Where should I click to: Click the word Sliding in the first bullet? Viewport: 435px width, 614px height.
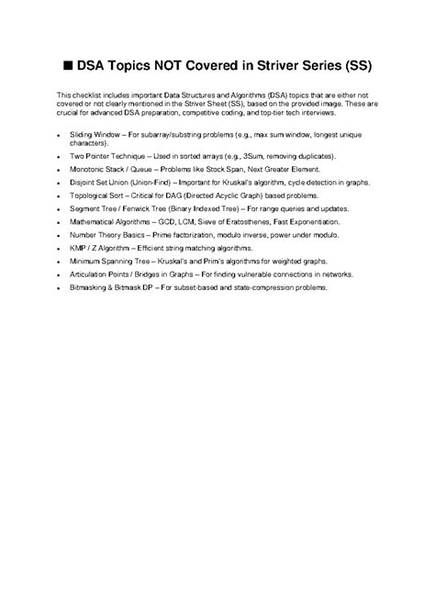[83, 134]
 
